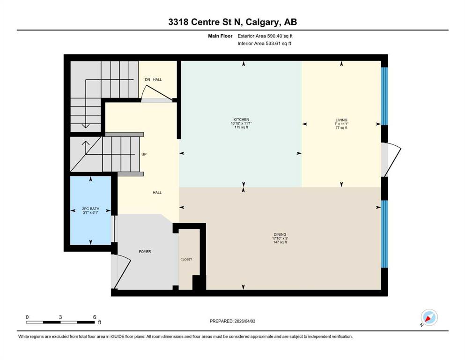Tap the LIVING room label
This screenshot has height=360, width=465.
click(341, 120)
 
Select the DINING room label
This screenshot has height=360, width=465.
click(280, 234)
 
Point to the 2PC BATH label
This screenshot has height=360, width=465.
click(91, 209)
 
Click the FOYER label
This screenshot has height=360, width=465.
click(145, 252)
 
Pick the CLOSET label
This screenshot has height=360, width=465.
click(186, 259)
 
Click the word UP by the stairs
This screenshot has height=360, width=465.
click(145, 154)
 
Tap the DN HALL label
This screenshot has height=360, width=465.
click(153, 80)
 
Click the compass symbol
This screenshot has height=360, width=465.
click(428, 318)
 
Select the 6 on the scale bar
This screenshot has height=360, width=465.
click(94, 317)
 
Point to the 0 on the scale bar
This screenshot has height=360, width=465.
click(27, 317)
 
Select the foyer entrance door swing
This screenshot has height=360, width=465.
click(121, 272)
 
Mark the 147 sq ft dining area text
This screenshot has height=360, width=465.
click(280, 243)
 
